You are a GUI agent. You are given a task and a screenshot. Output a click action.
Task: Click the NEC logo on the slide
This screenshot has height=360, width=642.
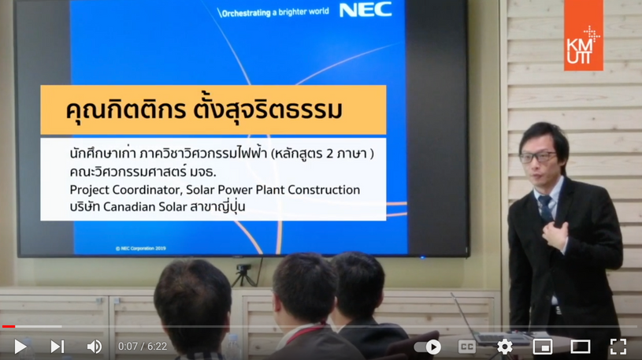(366, 10)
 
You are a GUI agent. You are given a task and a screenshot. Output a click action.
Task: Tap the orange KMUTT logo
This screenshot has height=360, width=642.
(584, 35)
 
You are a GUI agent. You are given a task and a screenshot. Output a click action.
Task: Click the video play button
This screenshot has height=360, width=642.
(20, 347)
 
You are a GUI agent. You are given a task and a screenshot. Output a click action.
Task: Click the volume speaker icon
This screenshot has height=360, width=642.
(95, 347)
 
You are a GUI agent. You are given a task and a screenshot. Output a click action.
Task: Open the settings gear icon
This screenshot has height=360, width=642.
(504, 347)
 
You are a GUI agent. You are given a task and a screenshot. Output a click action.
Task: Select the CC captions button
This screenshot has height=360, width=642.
(467, 347)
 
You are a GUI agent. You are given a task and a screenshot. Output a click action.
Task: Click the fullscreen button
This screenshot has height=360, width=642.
(618, 347)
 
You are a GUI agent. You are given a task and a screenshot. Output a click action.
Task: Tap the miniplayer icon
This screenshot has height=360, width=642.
(543, 347)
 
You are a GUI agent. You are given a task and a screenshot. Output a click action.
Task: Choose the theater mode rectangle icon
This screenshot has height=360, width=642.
(581, 347)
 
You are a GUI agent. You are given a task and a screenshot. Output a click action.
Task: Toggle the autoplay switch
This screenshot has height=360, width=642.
(428, 347)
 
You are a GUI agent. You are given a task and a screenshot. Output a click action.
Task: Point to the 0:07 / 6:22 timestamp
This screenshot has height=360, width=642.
(143, 347)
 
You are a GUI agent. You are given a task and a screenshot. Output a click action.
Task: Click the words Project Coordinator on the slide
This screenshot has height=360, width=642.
(125, 190)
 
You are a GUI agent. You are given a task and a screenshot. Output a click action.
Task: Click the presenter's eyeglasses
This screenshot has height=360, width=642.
(537, 158)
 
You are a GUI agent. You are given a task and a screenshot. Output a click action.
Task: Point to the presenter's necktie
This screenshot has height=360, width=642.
(546, 209)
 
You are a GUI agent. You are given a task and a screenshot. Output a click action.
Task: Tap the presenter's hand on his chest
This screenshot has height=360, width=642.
(555, 234)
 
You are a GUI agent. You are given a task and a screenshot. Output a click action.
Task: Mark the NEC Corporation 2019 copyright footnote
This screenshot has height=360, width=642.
(140, 248)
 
